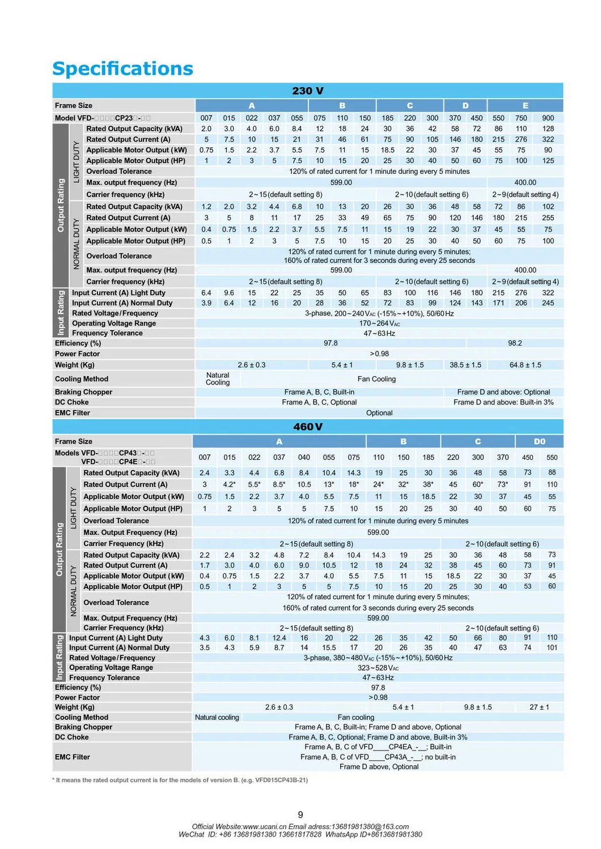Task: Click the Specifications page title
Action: tap(122, 69)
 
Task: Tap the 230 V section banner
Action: tap(308, 91)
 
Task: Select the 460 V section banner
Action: tap(308, 426)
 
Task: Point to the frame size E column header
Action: tap(525, 105)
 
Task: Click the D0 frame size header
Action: tap(539, 441)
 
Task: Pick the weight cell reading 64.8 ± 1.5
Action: tap(525, 365)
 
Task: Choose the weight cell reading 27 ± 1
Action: tap(539, 707)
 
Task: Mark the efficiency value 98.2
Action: tap(515, 343)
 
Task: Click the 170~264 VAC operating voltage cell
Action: tap(379, 323)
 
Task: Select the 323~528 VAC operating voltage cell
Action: tap(378, 668)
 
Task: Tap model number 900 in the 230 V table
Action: tap(548, 118)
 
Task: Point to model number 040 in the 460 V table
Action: tap(304, 457)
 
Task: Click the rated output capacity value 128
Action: tap(548, 129)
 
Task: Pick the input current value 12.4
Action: tap(279, 638)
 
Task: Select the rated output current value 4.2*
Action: tap(229, 484)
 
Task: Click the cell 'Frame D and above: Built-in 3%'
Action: tap(503, 402)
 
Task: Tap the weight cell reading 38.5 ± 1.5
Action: tap(465, 365)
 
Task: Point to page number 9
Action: tap(300, 814)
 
